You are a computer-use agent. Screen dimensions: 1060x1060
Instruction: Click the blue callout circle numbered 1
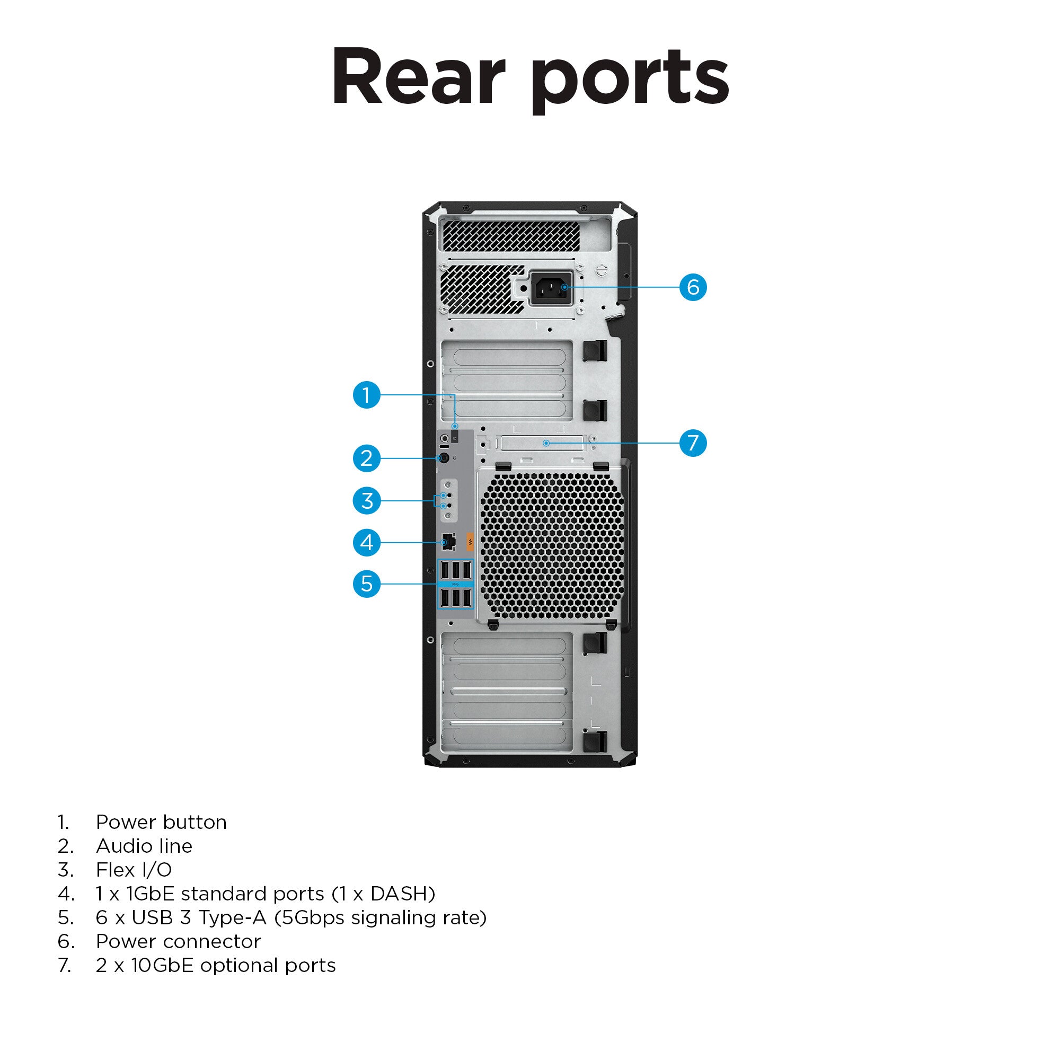(367, 394)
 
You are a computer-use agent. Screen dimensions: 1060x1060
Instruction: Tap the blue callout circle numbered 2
(367, 458)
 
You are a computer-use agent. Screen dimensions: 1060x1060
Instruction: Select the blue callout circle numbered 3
(367, 500)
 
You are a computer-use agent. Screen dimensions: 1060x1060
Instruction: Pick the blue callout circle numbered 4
(367, 543)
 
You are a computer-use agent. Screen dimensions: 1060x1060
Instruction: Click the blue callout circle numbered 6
(693, 287)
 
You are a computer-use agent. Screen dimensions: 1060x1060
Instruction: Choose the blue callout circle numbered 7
(693, 443)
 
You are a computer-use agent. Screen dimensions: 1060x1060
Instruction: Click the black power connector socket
(551, 287)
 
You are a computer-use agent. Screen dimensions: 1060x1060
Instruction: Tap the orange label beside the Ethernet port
(470, 542)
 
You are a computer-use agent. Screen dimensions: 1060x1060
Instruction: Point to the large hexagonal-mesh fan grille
(552, 546)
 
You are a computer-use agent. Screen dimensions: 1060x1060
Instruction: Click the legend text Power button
(161, 823)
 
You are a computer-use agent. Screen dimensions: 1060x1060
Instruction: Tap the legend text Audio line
(144, 846)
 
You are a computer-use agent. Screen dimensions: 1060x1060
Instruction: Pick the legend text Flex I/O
(134, 870)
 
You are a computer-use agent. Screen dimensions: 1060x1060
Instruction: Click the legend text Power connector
(178, 941)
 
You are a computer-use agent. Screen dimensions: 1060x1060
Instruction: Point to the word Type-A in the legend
(232, 918)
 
